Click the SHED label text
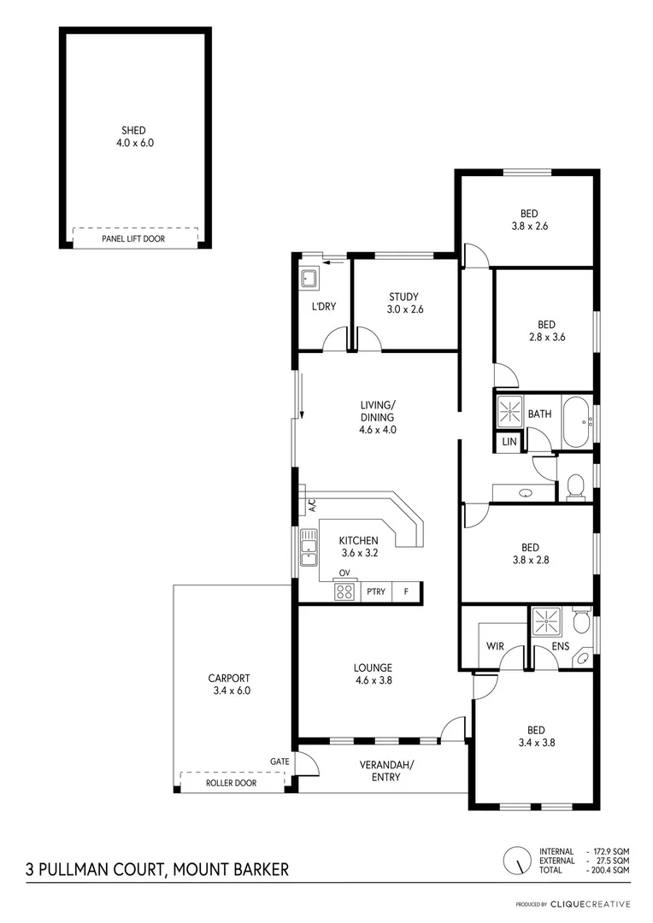pyautogui.click(x=135, y=131)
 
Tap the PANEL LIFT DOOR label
pyautogui.click(x=133, y=239)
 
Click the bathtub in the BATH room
pyautogui.click(x=578, y=422)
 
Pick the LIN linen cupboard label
pyautogui.click(x=509, y=442)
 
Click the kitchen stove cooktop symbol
pyautogui.click(x=344, y=590)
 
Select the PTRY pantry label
pyautogui.click(x=375, y=591)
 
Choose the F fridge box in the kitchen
pyautogui.click(x=407, y=591)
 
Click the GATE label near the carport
pyautogui.click(x=279, y=761)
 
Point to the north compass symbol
pyautogui.click(x=516, y=860)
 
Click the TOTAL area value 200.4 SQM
pyautogui.click(x=610, y=870)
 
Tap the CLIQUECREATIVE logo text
pyautogui.click(x=591, y=904)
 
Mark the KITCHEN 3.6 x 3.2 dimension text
pyautogui.click(x=358, y=553)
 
